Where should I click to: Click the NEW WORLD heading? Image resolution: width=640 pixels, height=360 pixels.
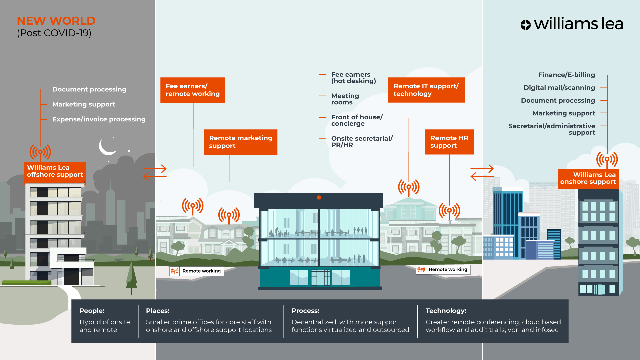(56, 21)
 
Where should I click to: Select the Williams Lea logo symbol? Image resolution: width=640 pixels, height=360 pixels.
(525, 25)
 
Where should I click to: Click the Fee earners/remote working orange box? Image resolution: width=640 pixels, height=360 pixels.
(193, 90)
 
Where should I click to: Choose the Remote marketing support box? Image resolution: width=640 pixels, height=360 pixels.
(240, 142)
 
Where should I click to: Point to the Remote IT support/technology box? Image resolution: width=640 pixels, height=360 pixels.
(426, 90)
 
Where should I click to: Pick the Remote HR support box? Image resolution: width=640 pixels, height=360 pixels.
(449, 142)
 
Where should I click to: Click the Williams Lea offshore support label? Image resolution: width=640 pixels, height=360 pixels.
(55, 171)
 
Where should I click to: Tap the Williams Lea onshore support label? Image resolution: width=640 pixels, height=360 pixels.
(588, 178)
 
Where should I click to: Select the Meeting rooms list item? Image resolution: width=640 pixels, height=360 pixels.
(345, 99)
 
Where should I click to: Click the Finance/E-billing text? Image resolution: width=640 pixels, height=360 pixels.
(566, 75)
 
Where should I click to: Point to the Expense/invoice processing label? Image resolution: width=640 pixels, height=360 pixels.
(99, 119)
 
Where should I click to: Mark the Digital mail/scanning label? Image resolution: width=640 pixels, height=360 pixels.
(559, 88)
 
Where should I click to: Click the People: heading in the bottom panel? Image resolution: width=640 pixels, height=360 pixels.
(92, 311)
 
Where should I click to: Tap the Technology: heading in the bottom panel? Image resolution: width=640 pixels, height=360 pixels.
(446, 311)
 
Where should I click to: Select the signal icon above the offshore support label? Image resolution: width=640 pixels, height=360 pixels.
(40, 152)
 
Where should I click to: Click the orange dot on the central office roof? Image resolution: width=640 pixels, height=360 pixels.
(319, 197)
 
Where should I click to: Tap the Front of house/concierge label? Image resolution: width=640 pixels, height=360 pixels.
(357, 120)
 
